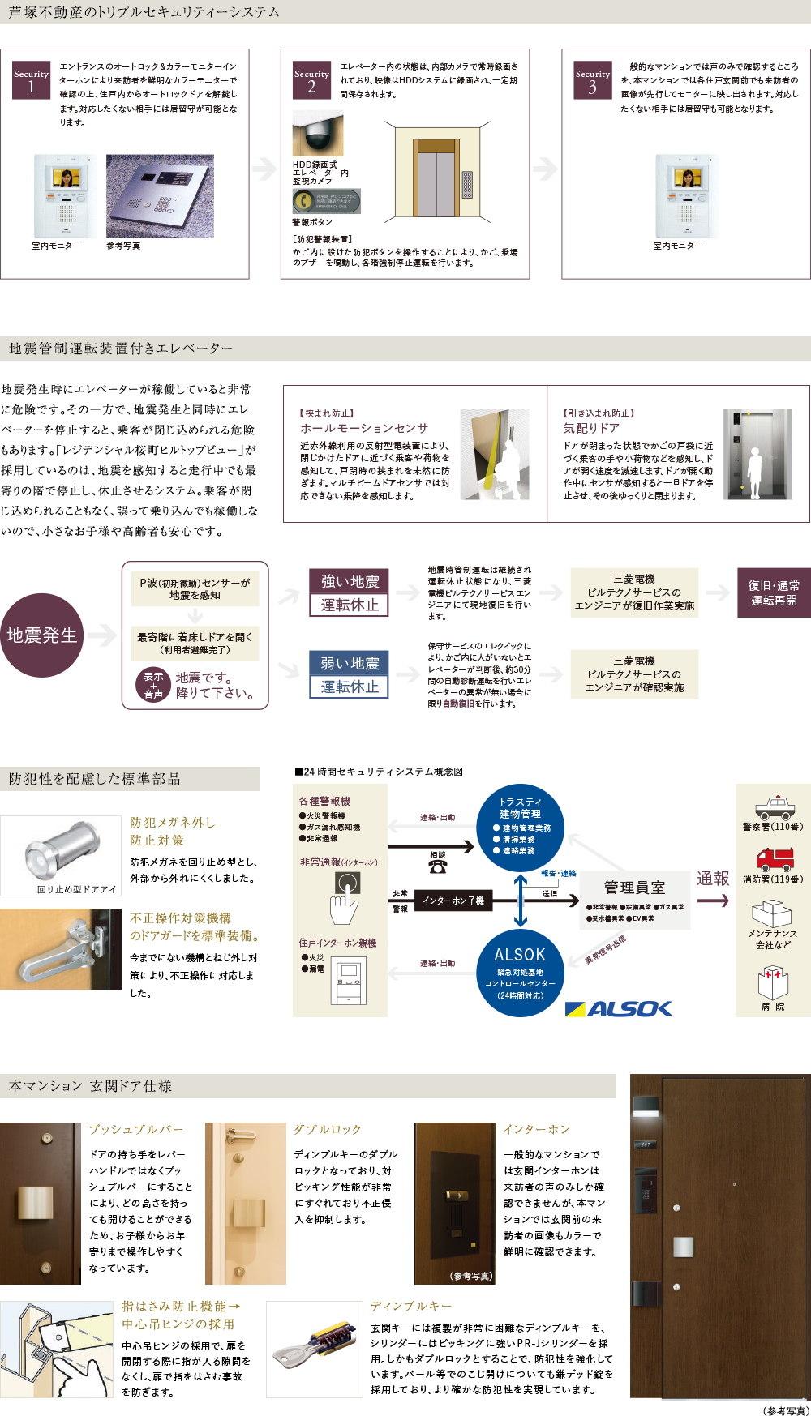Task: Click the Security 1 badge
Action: pyautogui.click(x=31, y=79)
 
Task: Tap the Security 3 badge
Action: pyautogui.click(x=592, y=79)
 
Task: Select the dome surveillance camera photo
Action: pyautogui.click(x=317, y=134)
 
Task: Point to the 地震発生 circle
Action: pyautogui.click(x=41, y=635)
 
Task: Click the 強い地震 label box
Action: pyautogui.click(x=350, y=581)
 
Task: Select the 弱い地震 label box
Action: pyautogui.click(x=350, y=663)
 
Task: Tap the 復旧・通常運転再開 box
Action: pyautogui.click(x=773, y=592)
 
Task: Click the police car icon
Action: pyautogui.click(x=774, y=807)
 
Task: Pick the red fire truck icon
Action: pyautogui.click(x=774, y=858)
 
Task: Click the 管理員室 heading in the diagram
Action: pyautogui.click(x=634, y=888)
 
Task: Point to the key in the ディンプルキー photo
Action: pyautogui.click(x=314, y=1346)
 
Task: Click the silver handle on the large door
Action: pyautogui.click(x=683, y=1247)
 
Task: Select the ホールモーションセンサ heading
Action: pyautogui.click(x=364, y=428)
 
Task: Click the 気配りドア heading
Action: pyautogui.click(x=591, y=428)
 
